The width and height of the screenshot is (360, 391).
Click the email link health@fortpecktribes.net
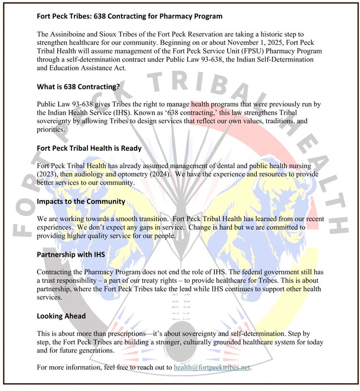tap(212, 368)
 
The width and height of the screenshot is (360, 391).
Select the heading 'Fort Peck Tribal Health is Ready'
tap(89, 148)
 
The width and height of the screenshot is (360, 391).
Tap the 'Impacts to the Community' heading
tap(81, 201)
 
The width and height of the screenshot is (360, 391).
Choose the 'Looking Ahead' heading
tap(61, 316)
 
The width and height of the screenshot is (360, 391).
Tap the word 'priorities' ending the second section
tap(50, 130)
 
